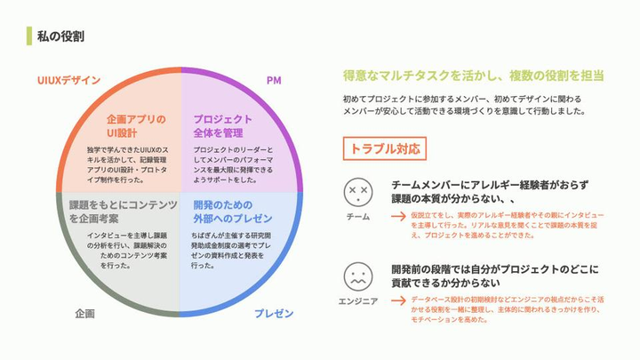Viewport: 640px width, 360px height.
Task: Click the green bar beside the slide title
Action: (31, 36)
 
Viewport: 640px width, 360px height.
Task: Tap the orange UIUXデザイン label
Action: (68, 80)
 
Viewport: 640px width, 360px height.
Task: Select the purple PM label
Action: (274, 81)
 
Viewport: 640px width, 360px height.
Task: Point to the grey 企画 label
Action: (85, 314)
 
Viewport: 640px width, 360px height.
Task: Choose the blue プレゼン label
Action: (274, 314)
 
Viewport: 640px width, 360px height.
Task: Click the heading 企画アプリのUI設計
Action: (135, 125)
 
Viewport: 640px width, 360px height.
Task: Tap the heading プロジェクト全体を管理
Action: (222, 125)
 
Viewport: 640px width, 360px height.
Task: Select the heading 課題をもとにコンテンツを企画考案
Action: (124, 211)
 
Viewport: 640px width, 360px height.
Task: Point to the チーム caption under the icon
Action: (358, 217)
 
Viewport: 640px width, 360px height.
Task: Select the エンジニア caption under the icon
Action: (358, 300)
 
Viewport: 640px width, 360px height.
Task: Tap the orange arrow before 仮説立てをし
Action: (398, 216)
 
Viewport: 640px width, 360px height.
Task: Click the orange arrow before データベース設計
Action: (398, 300)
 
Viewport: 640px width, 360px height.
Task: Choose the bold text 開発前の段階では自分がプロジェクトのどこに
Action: (495, 268)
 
